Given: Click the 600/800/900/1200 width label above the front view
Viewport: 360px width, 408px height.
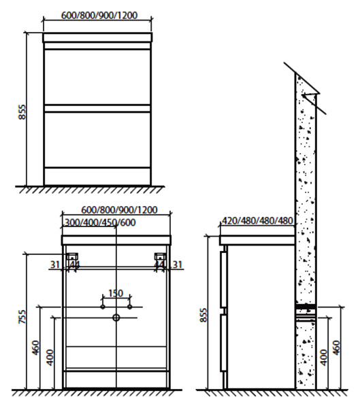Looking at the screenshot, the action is (x=99, y=15).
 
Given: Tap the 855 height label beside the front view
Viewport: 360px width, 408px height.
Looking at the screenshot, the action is (x=22, y=112).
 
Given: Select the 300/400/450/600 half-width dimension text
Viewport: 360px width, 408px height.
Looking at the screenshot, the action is (x=100, y=222).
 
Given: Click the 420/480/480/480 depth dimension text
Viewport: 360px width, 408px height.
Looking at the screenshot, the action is (x=257, y=220).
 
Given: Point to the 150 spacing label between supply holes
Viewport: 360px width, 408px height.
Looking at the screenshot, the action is (x=116, y=293).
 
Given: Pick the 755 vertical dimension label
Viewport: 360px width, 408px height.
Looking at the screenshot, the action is (x=22, y=317).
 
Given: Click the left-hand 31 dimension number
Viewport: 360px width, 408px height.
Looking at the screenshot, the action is (x=55, y=265).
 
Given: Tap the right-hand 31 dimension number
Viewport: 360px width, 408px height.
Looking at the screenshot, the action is (x=178, y=265).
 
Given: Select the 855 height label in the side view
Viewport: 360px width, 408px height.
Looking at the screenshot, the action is (x=203, y=315).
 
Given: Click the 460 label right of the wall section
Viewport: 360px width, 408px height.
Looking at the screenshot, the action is (x=337, y=348).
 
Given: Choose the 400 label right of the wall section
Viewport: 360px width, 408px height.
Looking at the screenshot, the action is (x=323, y=358).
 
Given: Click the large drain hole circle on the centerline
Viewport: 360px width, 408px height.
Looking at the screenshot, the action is (x=116, y=318).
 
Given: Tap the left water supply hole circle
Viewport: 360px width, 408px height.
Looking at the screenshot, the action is (x=103, y=307).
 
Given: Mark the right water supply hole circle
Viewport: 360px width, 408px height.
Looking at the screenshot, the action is (x=130, y=307).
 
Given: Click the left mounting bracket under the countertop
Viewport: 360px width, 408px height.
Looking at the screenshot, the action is (x=73, y=256).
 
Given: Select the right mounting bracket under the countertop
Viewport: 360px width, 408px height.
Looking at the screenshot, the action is (x=160, y=256).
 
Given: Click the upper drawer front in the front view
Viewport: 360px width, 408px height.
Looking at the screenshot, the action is (x=97, y=77).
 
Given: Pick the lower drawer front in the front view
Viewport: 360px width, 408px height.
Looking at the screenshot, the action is (x=97, y=139).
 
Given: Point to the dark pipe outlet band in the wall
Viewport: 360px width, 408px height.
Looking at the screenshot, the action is (x=306, y=306).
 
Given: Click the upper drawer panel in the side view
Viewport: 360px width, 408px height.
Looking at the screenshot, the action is (x=223, y=279).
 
